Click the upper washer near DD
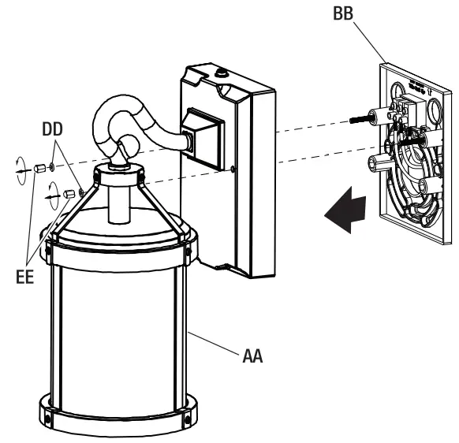click(51, 167)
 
